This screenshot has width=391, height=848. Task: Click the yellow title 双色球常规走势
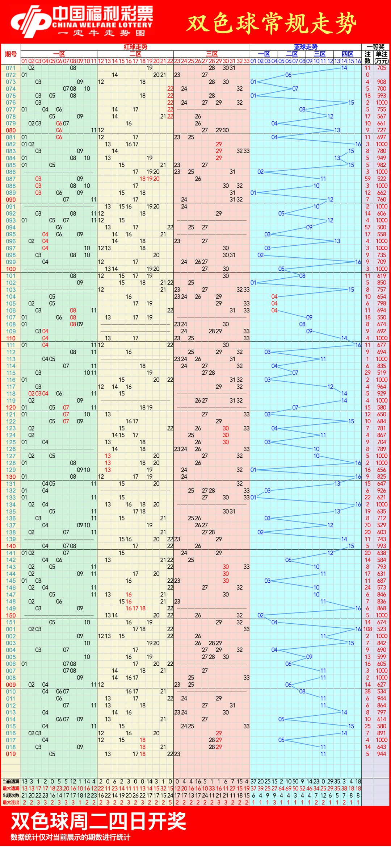272,24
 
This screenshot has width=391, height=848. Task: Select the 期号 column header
11,54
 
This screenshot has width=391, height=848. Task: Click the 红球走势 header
135,47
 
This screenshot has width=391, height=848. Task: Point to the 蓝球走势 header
306,47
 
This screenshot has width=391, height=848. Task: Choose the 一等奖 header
375,47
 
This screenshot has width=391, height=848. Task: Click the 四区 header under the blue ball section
348,54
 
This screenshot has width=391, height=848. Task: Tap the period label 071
11,68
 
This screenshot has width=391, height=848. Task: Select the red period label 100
11,269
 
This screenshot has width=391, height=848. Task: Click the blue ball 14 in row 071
344,68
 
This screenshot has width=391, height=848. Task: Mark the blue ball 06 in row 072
288,75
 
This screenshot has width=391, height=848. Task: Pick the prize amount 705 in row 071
382,68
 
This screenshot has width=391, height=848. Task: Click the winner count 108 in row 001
367,629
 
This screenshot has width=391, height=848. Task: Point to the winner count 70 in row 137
367,525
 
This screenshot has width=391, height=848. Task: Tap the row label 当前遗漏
11,782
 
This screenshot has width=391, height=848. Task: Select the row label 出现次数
11,795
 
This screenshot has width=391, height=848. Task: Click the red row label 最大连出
11,802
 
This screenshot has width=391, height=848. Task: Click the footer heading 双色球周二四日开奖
98,821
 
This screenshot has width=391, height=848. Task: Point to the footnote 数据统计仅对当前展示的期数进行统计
71,837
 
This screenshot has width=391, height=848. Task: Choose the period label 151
11,622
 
